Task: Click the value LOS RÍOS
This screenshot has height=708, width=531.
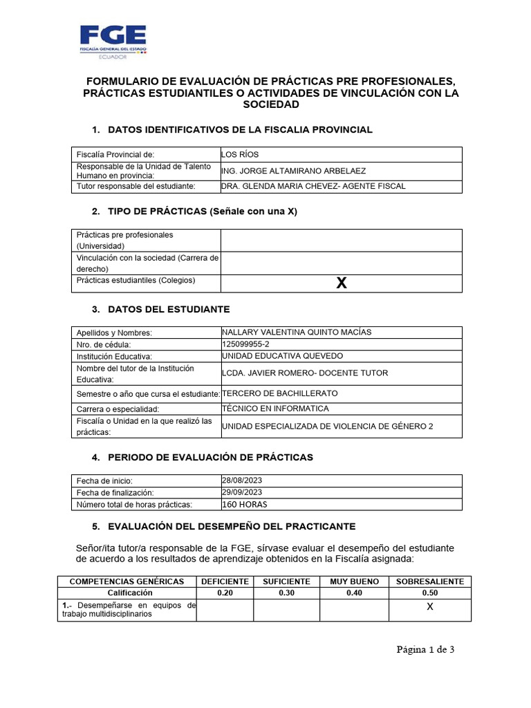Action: point(239,154)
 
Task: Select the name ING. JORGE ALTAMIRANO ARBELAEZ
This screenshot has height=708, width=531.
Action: point(295,171)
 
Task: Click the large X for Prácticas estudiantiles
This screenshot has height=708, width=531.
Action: point(341,283)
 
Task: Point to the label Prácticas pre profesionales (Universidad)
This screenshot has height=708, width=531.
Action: point(125,240)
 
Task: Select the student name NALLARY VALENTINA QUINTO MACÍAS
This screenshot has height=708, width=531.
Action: point(296,332)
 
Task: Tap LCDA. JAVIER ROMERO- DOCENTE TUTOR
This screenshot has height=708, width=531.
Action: point(305,373)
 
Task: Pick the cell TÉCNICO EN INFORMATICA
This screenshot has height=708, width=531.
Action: point(275,409)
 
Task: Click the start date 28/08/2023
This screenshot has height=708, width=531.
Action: point(242,480)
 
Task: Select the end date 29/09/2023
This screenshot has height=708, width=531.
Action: point(242,492)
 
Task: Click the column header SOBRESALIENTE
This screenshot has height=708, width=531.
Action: point(429,581)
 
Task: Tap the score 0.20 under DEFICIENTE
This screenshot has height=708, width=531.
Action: point(225,593)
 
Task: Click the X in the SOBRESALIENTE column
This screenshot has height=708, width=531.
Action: point(429,607)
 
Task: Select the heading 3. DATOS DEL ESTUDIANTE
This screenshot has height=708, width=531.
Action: point(161,309)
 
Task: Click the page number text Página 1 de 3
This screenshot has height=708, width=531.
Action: point(425,649)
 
